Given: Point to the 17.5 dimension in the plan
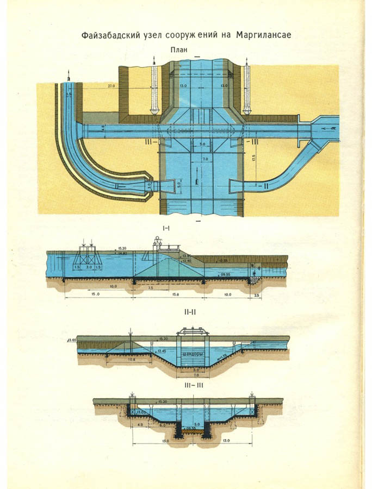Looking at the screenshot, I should click(x=254, y=160).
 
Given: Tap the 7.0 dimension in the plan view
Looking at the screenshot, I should click(x=204, y=159).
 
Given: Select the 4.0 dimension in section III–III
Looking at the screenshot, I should click(x=141, y=424).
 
